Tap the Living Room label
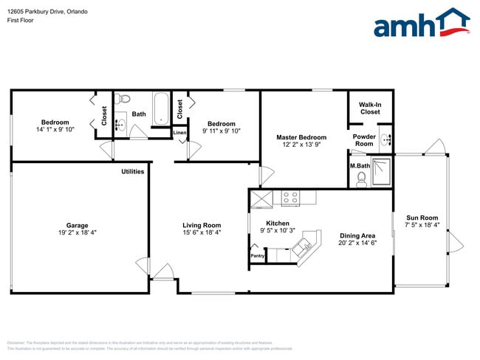point(202,226)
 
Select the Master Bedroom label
point(301,137)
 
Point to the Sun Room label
point(422,218)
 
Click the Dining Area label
point(357,235)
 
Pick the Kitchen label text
point(278,224)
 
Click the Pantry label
point(258,256)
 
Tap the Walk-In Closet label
point(370,108)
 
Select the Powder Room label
point(363,140)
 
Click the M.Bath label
point(360,166)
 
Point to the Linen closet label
point(179,133)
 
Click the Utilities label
point(133,171)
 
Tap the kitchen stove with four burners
point(289,197)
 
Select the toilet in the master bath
point(361,180)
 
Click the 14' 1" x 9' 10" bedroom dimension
point(55,130)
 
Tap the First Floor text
point(21,21)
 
